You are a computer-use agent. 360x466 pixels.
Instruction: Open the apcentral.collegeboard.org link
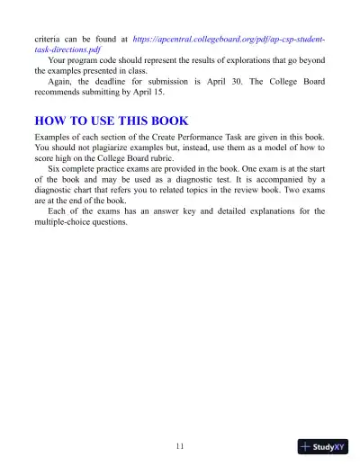[x=229, y=41]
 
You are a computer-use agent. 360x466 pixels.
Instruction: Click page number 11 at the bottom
[x=180, y=447]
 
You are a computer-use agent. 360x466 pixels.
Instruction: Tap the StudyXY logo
[x=322, y=446]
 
